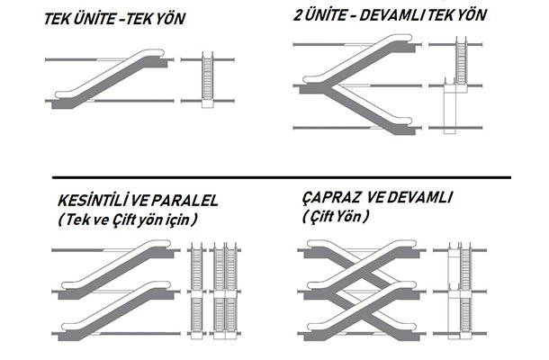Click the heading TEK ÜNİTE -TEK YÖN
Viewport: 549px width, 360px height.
click(114, 18)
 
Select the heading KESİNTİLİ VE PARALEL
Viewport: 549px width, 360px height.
click(123, 200)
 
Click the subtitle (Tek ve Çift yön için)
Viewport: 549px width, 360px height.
click(125, 219)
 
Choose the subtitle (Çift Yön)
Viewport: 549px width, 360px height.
click(336, 218)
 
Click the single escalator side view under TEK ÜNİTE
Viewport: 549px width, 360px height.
click(111, 81)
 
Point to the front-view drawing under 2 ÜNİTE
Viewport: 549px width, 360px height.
click(456, 85)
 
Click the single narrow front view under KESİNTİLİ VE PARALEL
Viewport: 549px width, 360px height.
click(198, 285)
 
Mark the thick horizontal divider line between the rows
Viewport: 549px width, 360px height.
click(279, 177)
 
